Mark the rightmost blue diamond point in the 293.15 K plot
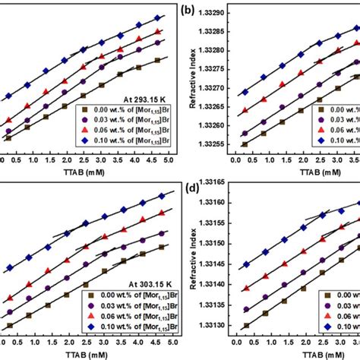(x=157, y=17)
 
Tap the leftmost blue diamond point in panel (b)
(x=245, y=93)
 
